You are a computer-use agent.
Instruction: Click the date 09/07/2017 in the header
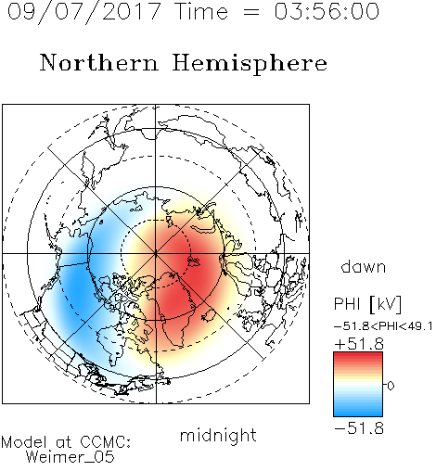coord(83,12)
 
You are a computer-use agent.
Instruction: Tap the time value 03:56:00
coord(327,11)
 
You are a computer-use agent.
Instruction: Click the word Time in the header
coord(201,11)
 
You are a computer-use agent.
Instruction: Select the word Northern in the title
coord(99,62)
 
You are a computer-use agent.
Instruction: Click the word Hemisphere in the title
coord(250,64)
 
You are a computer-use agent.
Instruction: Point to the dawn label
coord(364,266)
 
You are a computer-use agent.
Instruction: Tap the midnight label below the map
coord(218,435)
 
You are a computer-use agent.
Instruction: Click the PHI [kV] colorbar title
coord(367,304)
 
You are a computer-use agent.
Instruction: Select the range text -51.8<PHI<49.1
coord(383,326)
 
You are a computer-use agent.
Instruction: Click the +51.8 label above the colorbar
coord(359,344)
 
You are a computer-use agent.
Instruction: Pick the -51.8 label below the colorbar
coord(359,428)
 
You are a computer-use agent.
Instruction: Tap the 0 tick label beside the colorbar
coord(391,386)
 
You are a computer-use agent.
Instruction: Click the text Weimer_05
coord(71,457)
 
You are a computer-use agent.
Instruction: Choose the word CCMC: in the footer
coord(105,442)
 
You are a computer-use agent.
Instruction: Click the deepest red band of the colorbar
coord(358,354)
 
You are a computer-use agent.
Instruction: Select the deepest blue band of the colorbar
coord(358,414)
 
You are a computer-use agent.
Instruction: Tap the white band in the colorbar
coord(358,385)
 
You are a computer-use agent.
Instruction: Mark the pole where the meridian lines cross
coord(156,254)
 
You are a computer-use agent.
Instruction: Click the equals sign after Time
coord(251,12)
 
